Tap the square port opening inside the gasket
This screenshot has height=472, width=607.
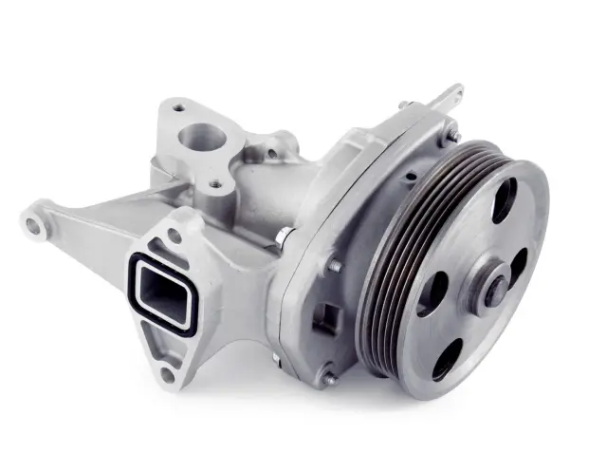[165, 291]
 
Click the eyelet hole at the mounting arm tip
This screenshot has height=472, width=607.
[35, 226]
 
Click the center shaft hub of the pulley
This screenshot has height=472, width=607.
[494, 289]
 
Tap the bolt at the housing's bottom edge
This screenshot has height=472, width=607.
[327, 378]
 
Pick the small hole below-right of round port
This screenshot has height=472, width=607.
[218, 183]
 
